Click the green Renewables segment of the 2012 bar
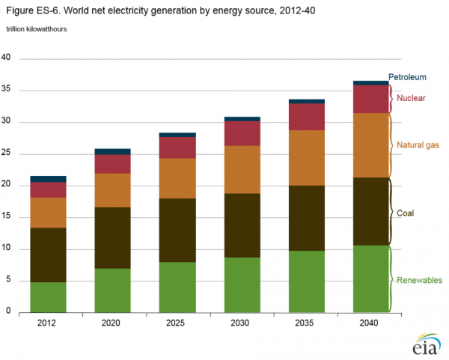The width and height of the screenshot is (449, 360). click(48, 296)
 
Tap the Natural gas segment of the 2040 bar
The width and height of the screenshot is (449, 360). click(371, 145)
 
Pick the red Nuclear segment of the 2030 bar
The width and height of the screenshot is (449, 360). click(242, 133)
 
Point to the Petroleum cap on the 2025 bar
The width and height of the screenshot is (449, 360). click(177, 135)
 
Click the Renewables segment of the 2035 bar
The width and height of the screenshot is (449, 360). click(307, 281)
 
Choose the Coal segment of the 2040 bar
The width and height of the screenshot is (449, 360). click(371, 211)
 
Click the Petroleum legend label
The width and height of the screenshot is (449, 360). click(407, 77)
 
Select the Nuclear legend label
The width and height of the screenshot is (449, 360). click(412, 98)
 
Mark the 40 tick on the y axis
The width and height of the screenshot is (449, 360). click(7, 58)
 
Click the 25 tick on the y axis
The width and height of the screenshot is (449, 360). click(7, 153)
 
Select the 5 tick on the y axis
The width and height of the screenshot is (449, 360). click(8, 280)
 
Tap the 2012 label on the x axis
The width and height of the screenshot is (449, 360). click(48, 323)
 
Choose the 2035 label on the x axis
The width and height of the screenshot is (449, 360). click(307, 323)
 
